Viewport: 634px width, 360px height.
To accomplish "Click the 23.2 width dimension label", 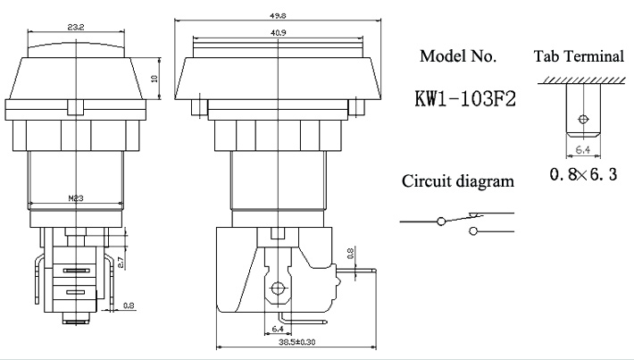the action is pyautogui.click(x=76, y=27).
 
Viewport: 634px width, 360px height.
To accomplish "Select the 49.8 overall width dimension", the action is pyautogui.click(x=279, y=16).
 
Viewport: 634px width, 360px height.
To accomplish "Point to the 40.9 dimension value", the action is pyautogui.click(x=279, y=33).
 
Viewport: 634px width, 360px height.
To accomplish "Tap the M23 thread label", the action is pyautogui.click(x=76, y=198).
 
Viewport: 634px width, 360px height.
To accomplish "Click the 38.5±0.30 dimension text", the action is pyautogui.click(x=297, y=342).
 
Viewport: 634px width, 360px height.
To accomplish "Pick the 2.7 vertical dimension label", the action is pyautogui.click(x=121, y=263).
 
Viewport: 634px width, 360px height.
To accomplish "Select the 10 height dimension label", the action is pyautogui.click(x=154, y=78).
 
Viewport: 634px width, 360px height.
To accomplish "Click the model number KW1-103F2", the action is pyautogui.click(x=465, y=98).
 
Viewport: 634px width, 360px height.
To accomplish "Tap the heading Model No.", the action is pyautogui.click(x=458, y=55).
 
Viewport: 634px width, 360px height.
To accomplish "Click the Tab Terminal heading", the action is pyautogui.click(x=579, y=55).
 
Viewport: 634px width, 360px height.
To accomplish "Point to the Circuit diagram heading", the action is pyautogui.click(x=458, y=180).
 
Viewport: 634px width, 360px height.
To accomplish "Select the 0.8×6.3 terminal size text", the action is pyautogui.click(x=583, y=174).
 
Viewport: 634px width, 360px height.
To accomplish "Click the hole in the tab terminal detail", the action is pyautogui.click(x=583, y=120).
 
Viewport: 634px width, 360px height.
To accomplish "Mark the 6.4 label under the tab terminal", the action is pyautogui.click(x=582, y=150).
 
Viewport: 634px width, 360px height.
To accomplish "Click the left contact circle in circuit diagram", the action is pyautogui.click(x=441, y=222).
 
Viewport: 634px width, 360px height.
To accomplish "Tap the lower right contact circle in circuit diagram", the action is pyautogui.click(x=472, y=231).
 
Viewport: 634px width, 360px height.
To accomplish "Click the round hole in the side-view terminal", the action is pyautogui.click(x=278, y=288).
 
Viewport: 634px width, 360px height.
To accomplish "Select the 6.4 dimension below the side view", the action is pyautogui.click(x=278, y=329).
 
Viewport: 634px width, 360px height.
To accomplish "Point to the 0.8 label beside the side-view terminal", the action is pyautogui.click(x=351, y=254).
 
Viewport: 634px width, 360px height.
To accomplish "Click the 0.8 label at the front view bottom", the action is pyautogui.click(x=129, y=306).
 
